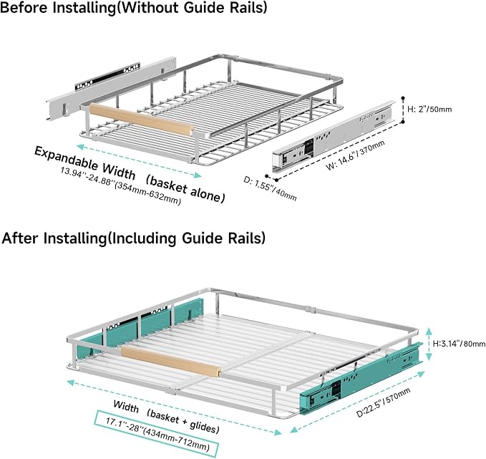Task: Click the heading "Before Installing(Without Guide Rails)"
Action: pos(134,7)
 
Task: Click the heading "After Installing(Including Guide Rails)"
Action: pos(134,238)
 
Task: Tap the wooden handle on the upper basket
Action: pos(142,120)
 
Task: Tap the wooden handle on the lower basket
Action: pos(171,362)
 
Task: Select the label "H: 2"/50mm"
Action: pos(429,109)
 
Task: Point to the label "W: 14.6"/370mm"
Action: pos(355,155)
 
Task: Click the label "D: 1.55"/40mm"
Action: pos(270,188)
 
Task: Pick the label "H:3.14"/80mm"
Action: pos(459,343)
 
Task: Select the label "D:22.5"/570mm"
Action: pos(383,402)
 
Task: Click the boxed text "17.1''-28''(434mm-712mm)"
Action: pos(157,434)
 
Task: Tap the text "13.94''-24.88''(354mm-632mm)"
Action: pos(120,186)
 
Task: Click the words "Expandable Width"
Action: pos(84,163)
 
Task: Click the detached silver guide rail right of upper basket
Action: pos(334,136)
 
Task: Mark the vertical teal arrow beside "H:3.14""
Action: pos(429,344)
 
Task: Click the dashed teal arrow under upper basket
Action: pos(139,160)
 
